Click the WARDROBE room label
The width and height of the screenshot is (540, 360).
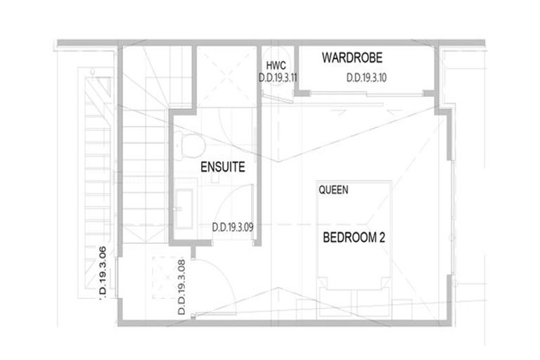pos(352,58)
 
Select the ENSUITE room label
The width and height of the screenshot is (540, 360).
pos(222,167)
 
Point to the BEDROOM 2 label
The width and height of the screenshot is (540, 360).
pos(354,238)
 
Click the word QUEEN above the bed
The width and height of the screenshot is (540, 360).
pos(333,190)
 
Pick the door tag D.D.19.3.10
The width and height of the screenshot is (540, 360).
pos(366,78)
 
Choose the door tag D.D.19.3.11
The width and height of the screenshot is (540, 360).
pos(280,78)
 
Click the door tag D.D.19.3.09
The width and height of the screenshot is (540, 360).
pos(233,228)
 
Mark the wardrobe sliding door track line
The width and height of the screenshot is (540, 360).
pos(366,93)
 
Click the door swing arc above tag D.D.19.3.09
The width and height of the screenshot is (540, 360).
pos(229,204)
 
